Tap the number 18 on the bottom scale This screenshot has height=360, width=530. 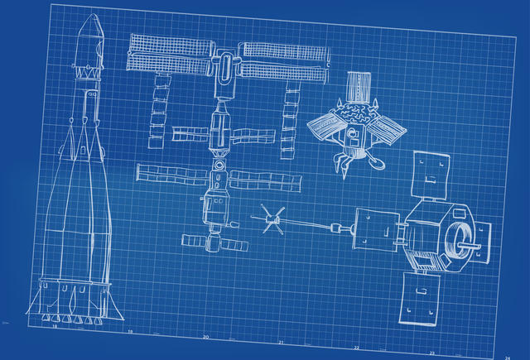click(x=55, y=327)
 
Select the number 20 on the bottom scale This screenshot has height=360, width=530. click(x=205, y=337)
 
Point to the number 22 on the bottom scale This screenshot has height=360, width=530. click(x=356, y=348)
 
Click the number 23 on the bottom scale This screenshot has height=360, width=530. click(x=431, y=353)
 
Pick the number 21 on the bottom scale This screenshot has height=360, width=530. click(x=281, y=342)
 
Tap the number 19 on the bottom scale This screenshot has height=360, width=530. click(x=130, y=332)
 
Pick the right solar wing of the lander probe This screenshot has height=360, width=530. click(x=388, y=128)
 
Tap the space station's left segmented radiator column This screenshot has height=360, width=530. click(x=158, y=112)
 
